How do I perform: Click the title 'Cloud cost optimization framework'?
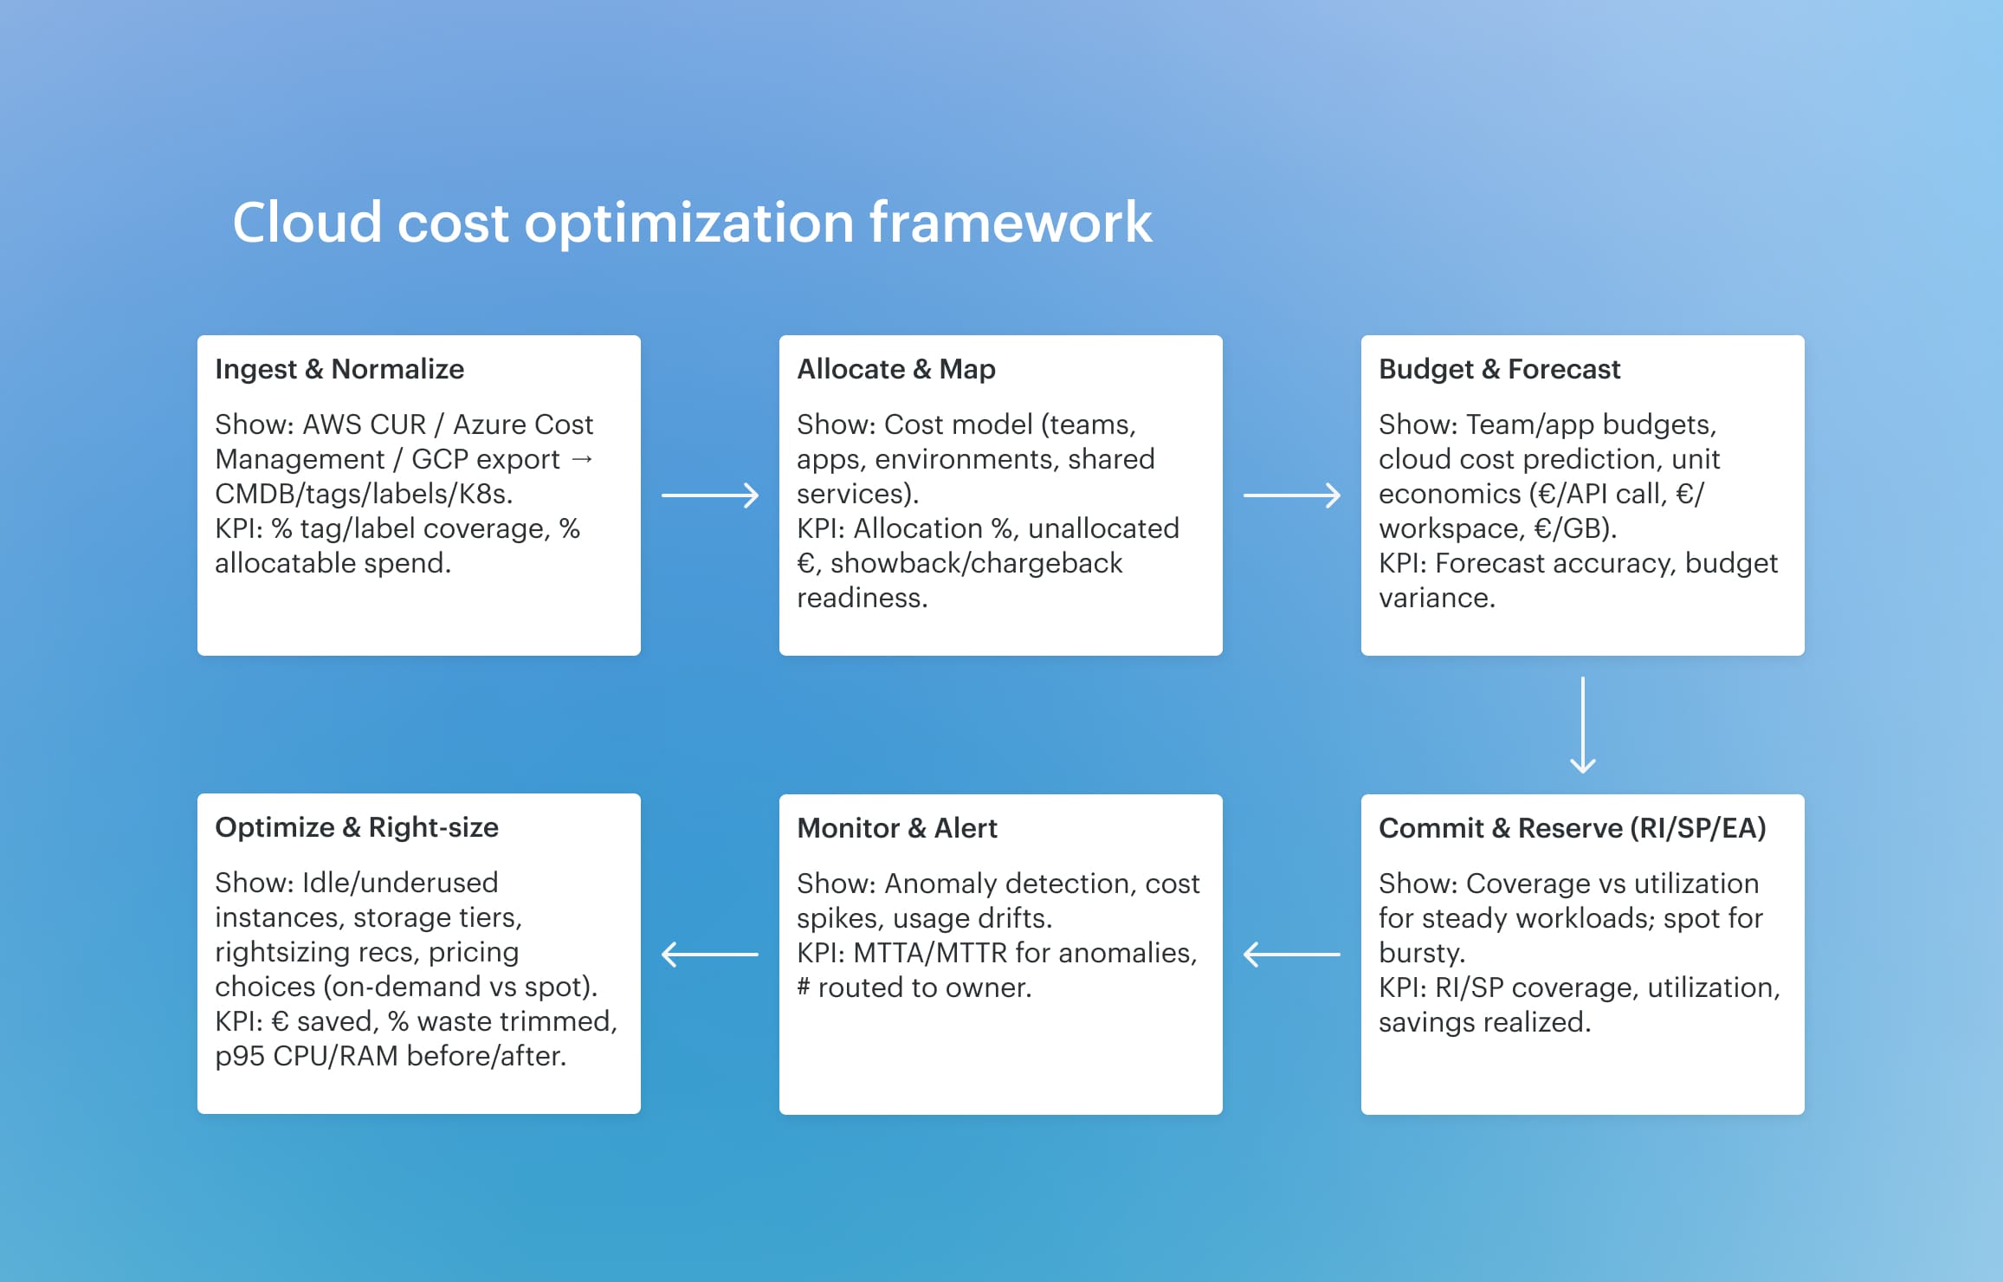[x=692, y=223]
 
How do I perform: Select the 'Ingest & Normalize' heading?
[x=339, y=369]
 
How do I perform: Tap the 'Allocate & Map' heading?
[x=896, y=369]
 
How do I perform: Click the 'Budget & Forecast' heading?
[x=1499, y=369]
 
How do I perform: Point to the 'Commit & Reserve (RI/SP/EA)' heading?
[x=1572, y=828]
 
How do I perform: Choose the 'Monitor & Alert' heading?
[x=897, y=828]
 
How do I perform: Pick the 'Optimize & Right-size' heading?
[x=357, y=827]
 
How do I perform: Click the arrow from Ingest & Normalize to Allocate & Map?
[x=710, y=495]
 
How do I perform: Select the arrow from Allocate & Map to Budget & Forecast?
[x=1292, y=495]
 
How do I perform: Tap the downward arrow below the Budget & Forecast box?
[x=1583, y=725]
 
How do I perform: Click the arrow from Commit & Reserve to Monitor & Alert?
[x=1292, y=955]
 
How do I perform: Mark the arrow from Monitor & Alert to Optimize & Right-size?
[x=710, y=955]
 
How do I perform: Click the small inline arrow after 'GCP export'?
[x=583, y=458]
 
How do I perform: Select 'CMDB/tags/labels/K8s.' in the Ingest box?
[x=364, y=494]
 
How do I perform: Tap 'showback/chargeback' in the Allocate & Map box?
[x=976, y=563]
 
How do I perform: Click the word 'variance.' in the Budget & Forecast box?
[x=1437, y=598]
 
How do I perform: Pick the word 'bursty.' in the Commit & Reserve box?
[x=1422, y=953]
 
